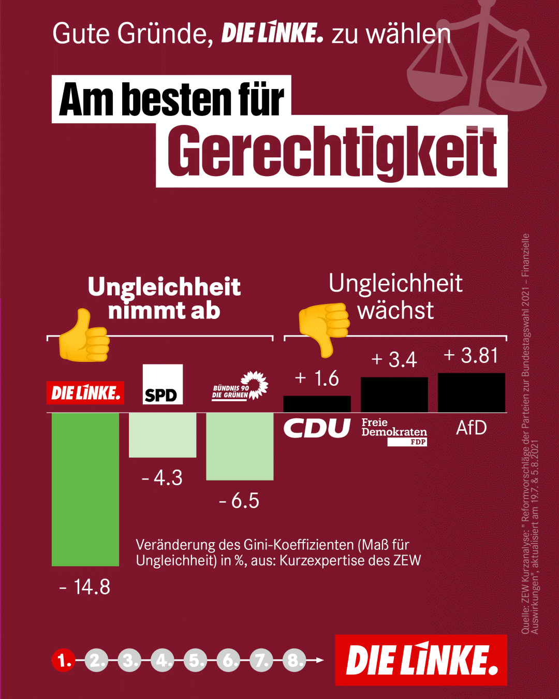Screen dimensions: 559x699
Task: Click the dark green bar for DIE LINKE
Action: tap(85, 489)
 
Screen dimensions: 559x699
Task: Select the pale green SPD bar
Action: tap(163, 435)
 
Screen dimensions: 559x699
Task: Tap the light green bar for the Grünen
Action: tap(240, 446)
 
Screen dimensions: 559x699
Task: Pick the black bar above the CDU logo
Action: tap(317, 404)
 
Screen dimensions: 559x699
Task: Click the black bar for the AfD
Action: tap(472, 392)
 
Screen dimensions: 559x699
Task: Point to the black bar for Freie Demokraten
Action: tap(394, 395)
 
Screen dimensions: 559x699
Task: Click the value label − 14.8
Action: tap(85, 587)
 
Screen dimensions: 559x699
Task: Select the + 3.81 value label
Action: tap(471, 355)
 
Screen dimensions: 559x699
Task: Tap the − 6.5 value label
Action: tap(239, 501)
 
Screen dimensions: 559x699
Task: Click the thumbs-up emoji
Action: tap(84, 336)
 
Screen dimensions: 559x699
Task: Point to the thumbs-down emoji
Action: tap(324, 329)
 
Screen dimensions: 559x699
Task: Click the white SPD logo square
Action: tap(163, 384)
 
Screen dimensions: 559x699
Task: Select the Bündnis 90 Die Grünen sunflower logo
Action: tap(240, 386)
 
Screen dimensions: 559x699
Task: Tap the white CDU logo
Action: tap(317, 428)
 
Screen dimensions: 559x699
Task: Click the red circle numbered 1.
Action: tap(63, 660)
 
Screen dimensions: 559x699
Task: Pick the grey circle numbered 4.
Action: tap(163, 660)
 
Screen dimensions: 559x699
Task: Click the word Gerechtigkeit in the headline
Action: tap(332, 152)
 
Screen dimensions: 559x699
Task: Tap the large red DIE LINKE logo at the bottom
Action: tap(421, 660)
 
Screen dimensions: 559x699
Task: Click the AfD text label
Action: tap(472, 428)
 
